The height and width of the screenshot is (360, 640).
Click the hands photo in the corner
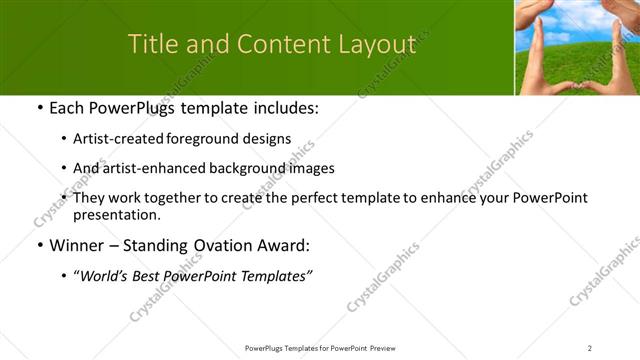click(577, 47)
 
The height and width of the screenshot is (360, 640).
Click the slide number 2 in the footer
click(590, 347)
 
